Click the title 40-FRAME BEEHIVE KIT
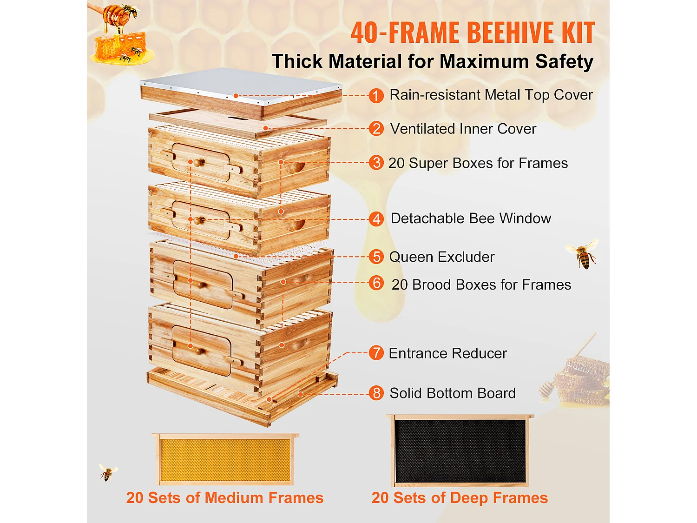(x=473, y=33)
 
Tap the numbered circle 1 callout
(x=376, y=96)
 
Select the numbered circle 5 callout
(x=376, y=257)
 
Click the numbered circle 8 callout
(x=376, y=393)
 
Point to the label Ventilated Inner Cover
(x=463, y=129)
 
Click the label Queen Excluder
(x=441, y=257)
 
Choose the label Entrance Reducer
(x=447, y=353)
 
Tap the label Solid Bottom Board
(x=452, y=393)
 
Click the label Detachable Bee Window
(x=471, y=218)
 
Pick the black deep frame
(x=460, y=450)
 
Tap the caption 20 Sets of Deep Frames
(x=460, y=498)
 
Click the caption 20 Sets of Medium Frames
(x=225, y=498)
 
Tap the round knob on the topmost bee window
(x=198, y=163)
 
